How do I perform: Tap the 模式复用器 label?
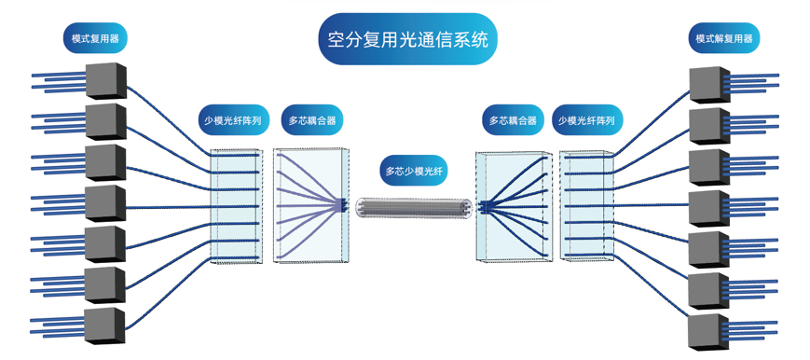[x=94, y=38]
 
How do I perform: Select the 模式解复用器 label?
[x=723, y=38]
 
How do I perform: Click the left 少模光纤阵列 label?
[x=232, y=120]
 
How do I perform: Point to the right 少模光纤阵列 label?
[x=588, y=120]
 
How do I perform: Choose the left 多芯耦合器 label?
[x=310, y=120]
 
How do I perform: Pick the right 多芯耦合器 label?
[x=513, y=120]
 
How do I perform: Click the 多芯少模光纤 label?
[x=414, y=171]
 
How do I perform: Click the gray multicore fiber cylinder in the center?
[x=413, y=209]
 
